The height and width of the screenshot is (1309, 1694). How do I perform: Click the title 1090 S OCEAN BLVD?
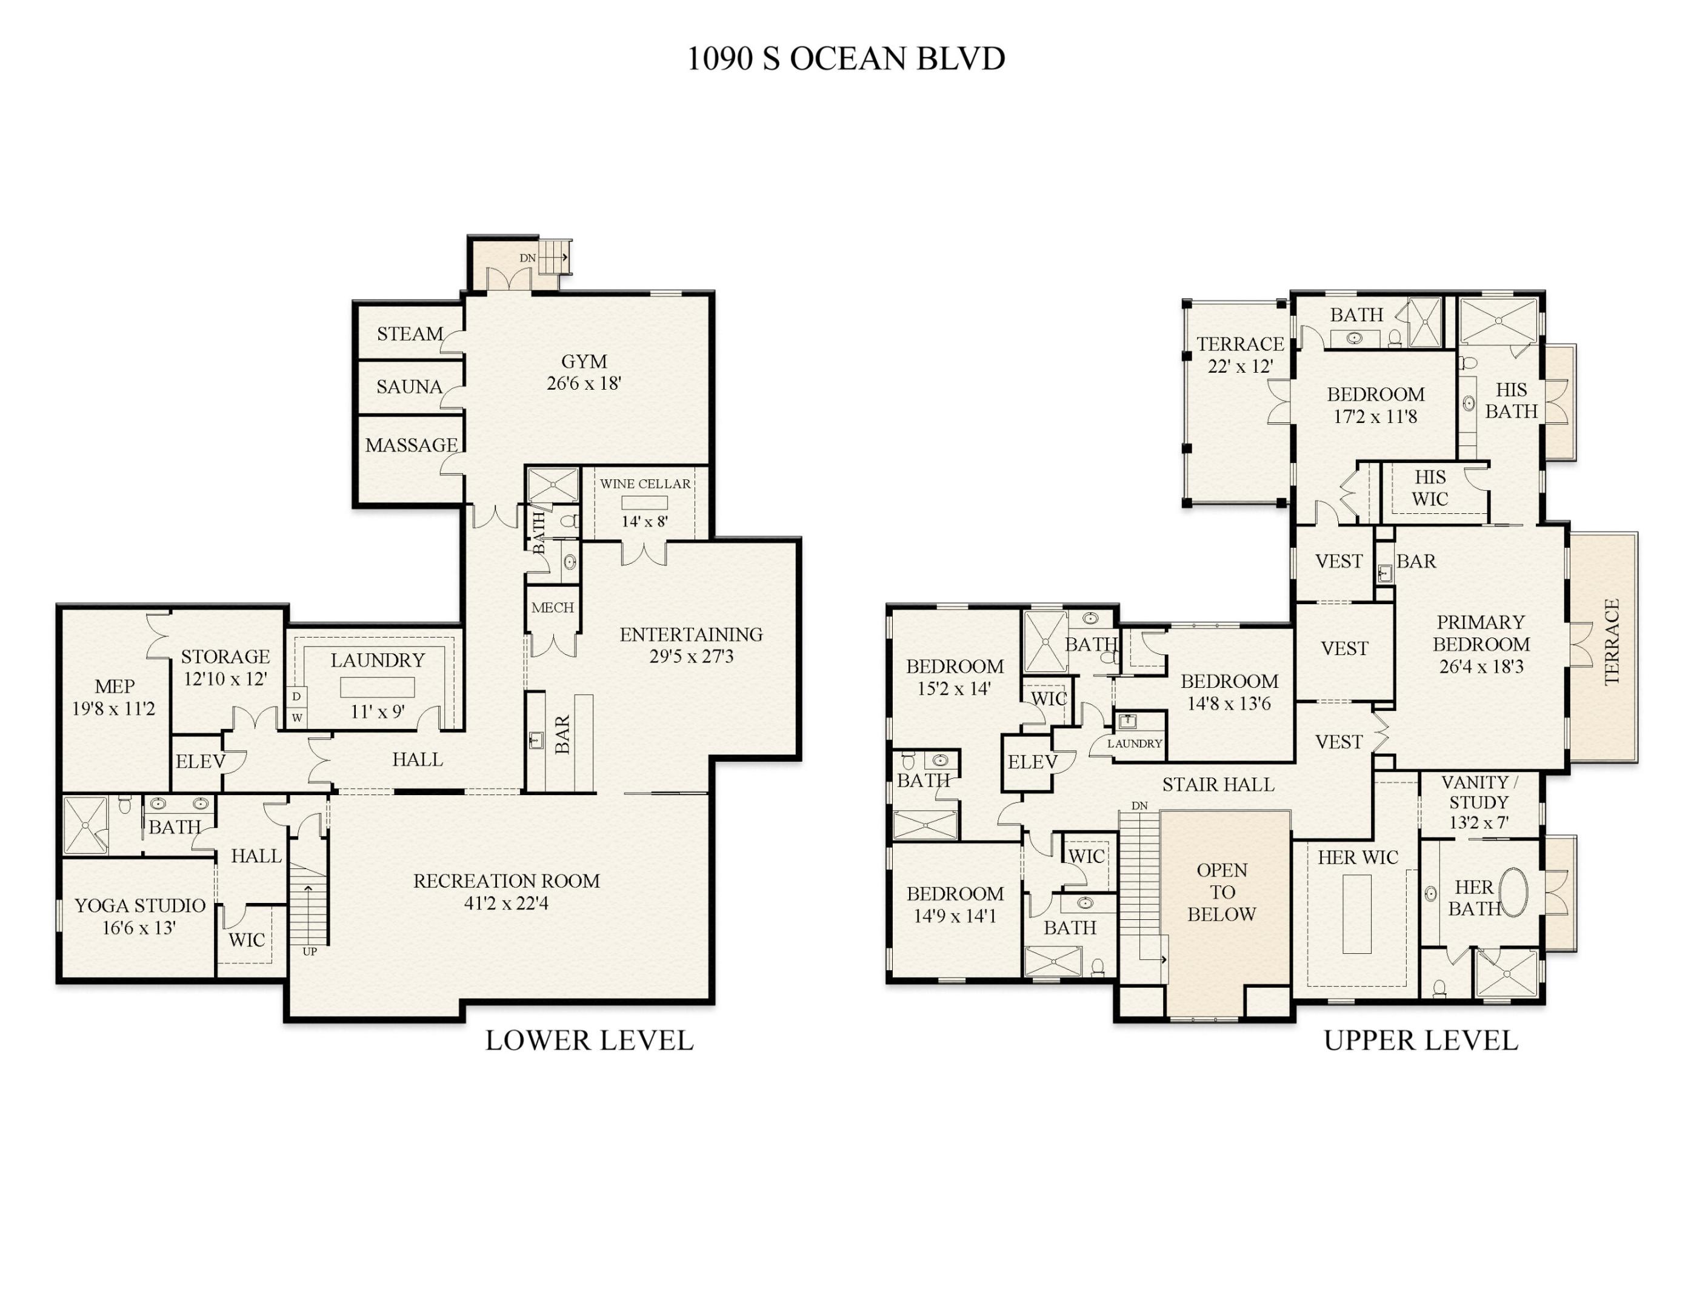pos(845,59)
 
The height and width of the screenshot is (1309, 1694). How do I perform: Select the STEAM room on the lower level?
pos(410,335)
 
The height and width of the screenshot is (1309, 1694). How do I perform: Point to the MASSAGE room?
pos(411,445)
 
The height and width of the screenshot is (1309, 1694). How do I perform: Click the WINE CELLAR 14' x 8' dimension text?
pos(644,522)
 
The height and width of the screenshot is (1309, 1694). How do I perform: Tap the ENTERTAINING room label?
pos(690,635)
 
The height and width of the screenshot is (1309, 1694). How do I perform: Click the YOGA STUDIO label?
pos(139,906)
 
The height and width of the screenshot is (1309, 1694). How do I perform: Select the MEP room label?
pos(114,686)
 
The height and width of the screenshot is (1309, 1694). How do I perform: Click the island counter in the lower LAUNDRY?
pos(377,687)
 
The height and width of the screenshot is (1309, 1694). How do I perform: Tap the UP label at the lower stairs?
pos(310,951)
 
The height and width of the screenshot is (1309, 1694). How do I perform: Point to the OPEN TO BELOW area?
pos(1222,892)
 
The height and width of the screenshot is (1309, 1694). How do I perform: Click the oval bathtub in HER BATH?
pos(1513,893)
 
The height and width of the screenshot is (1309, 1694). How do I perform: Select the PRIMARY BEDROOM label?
pos(1481,633)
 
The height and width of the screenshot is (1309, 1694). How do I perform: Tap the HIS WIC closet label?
pos(1430,488)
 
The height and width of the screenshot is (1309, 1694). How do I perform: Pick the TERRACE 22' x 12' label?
pos(1239,355)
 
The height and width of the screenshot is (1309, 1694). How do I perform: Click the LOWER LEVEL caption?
pos(590,1041)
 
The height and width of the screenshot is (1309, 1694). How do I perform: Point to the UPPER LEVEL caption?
pos(1420,1041)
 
